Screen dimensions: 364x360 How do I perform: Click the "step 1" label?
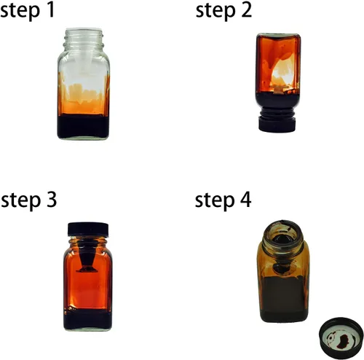click(x=27, y=10)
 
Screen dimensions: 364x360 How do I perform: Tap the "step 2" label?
click(x=223, y=10)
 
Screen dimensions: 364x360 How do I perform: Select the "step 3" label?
click(x=28, y=200)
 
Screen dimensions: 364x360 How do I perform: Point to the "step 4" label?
click(x=223, y=200)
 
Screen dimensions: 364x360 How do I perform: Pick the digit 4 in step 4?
click(x=245, y=200)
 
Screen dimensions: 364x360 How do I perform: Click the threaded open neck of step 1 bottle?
click(x=84, y=39)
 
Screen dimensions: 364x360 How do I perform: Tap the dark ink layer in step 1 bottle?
click(x=83, y=126)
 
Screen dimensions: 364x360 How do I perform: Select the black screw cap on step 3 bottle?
click(x=88, y=230)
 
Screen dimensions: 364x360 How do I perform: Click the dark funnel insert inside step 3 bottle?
click(x=87, y=257)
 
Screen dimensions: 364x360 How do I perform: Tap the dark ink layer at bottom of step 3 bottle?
click(x=87, y=318)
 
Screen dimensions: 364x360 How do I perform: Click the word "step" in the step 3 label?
click(x=20, y=201)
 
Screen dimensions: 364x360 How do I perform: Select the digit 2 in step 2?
click(x=247, y=10)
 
